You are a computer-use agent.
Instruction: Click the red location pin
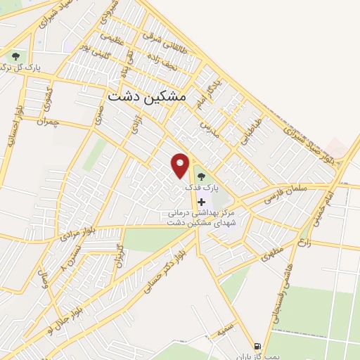pos(181,165)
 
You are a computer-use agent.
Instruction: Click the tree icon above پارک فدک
pos(202,176)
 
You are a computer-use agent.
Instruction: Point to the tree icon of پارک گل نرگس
pos(15,56)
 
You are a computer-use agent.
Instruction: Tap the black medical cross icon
pos(202,202)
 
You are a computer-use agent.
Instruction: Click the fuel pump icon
pos(257,346)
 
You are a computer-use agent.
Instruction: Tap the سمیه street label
pos(225,328)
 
